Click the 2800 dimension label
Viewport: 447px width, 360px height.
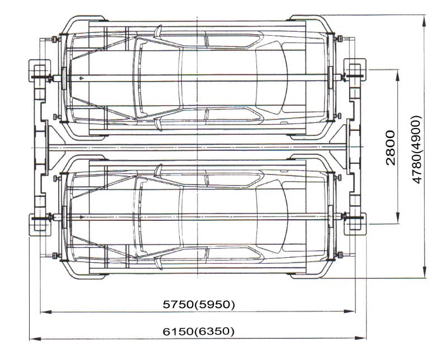(390, 148)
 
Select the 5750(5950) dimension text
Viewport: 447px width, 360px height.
(199, 304)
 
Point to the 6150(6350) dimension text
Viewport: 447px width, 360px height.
(199, 331)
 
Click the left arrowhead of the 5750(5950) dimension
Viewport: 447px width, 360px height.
(46, 312)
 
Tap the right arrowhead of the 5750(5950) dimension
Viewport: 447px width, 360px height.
(350, 311)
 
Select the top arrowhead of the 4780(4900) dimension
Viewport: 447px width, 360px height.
(425, 21)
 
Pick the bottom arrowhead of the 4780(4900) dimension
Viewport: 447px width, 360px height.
(425, 272)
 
